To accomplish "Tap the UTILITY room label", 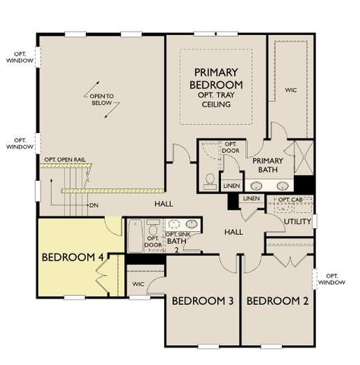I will tap(297, 221).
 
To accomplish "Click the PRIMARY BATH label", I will tap(267, 165).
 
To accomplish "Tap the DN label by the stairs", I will tap(93, 205).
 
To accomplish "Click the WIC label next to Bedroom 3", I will tap(137, 284).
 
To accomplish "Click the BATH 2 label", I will tap(176, 245).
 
